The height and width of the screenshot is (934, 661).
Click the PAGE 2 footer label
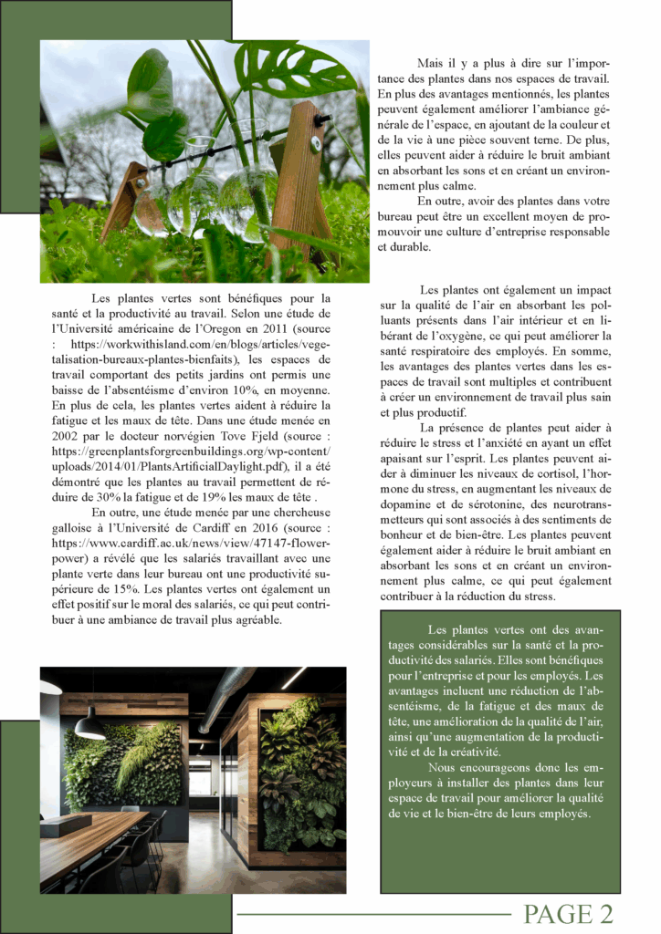click(x=567, y=914)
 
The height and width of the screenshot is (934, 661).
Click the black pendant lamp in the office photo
click(x=89, y=726)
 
